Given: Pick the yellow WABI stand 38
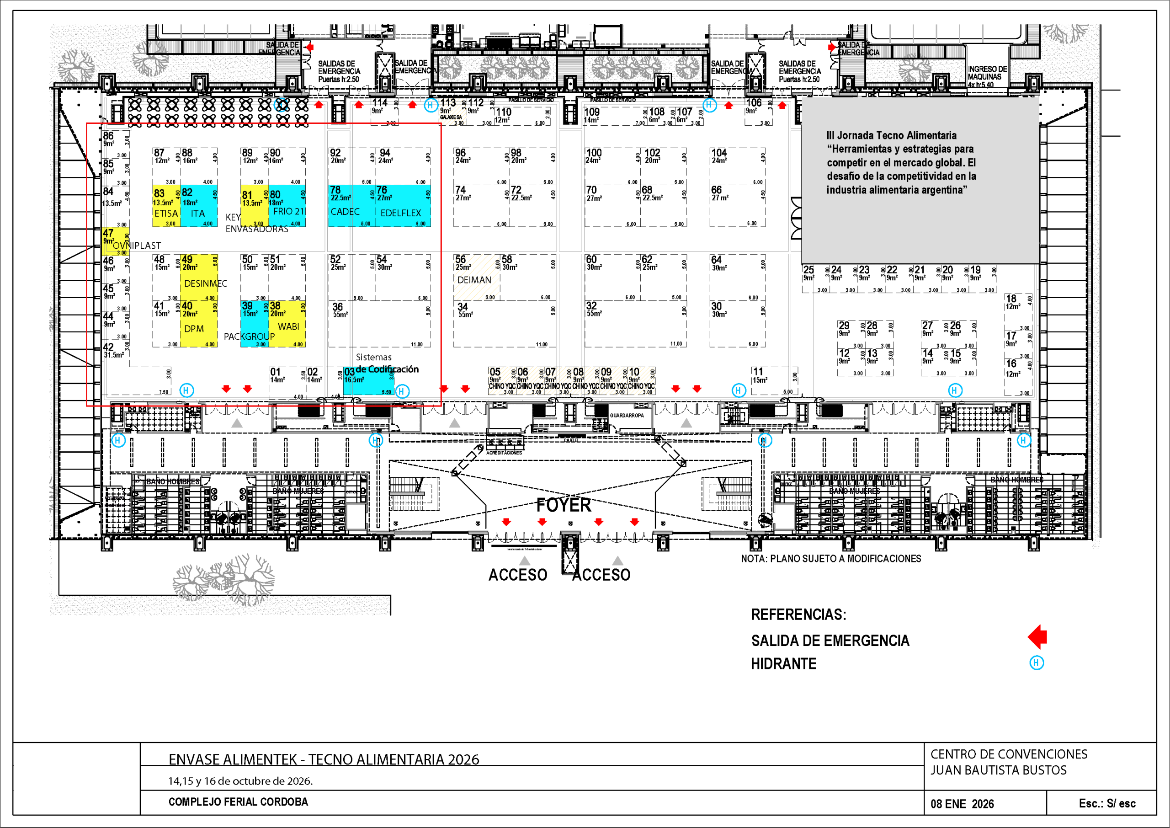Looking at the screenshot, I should [x=287, y=323].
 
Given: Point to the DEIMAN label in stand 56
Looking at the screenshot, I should [x=474, y=280].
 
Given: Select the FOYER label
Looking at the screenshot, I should [x=564, y=505].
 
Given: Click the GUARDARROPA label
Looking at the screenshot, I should [x=627, y=416].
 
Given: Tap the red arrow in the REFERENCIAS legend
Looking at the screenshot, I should [x=1037, y=637].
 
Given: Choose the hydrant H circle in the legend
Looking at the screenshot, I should [x=1037, y=663].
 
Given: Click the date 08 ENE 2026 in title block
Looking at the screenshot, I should [x=962, y=804].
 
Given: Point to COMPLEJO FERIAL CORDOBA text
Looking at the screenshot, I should [x=238, y=802].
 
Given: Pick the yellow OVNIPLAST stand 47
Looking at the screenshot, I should [x=114, y=241].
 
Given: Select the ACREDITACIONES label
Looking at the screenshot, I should [x=504, y=453].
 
